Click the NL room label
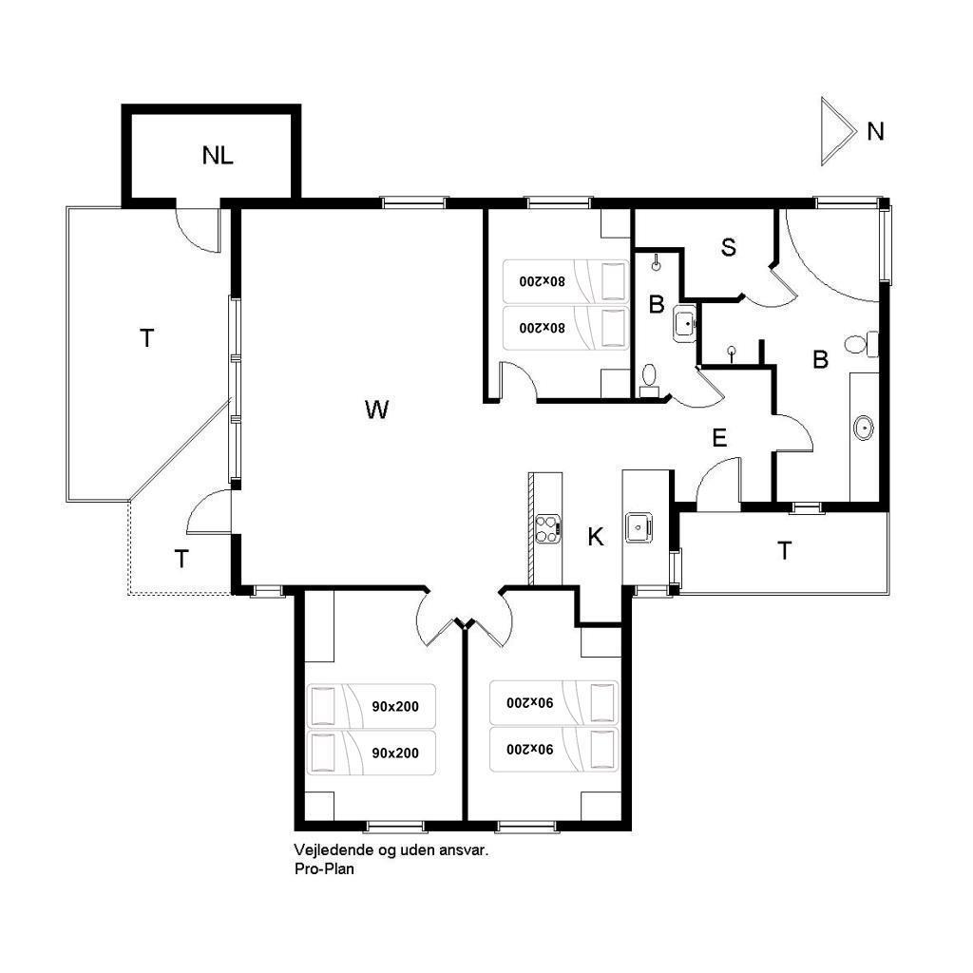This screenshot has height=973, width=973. click(218, 155)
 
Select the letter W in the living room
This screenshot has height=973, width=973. click(376, 410)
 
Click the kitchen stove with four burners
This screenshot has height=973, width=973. click(548, 529)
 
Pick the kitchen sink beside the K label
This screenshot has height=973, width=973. click(639, 527)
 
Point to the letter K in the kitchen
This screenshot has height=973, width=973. click(596, 537)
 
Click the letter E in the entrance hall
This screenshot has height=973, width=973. click(719, 438)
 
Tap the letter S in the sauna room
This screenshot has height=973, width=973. click(729, 247)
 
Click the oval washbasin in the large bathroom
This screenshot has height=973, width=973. click(863, 429)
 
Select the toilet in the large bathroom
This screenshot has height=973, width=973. click(861, 344)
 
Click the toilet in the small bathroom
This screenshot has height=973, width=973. click(649, 380)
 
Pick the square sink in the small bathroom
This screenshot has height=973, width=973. click(685, 323)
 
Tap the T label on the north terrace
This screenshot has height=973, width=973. click(784, 550)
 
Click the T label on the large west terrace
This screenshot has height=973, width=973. click(146, 338)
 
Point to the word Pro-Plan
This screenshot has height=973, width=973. click(324, 868)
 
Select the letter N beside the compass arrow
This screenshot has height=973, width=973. click(875, 131)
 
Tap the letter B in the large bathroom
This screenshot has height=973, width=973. click(820, 359)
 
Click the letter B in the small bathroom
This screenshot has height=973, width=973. click(656, 305)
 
